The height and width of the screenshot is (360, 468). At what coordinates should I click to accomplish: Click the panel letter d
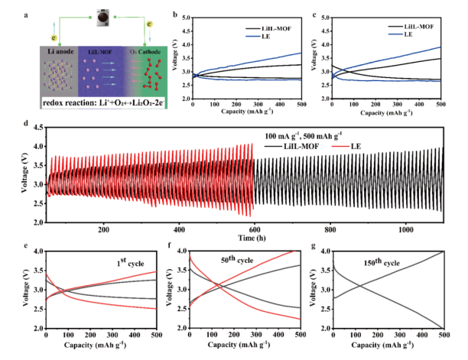point(27,122)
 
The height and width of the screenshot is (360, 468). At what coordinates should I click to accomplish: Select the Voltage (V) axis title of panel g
point(322,290)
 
